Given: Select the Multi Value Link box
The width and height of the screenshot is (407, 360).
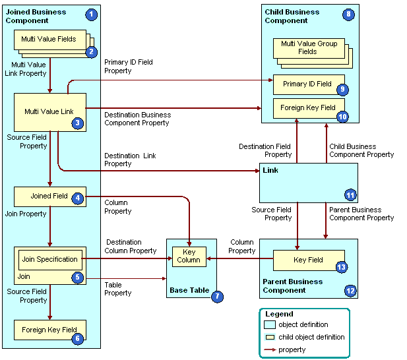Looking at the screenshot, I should tap(50, 112).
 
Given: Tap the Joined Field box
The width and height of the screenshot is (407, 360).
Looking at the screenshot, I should tap(50, 196).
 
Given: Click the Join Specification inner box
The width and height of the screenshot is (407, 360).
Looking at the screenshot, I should tap(50, 259).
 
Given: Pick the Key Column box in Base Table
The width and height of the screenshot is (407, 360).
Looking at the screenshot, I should tap(189, 256).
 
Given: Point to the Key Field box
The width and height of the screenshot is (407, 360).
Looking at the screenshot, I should tap(309, 260).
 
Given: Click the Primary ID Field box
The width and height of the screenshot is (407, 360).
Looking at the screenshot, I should tap(308, 84).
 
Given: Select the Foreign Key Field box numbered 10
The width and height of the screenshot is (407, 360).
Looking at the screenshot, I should tap(308, 107).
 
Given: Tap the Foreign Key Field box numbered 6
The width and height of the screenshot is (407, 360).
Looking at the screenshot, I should tap(49, 330).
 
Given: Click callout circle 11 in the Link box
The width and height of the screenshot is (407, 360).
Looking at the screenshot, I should tap(350, 195).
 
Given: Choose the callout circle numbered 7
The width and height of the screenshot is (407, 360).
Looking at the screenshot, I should tap(217, 297).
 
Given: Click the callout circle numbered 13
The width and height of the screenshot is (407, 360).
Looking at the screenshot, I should tap(341, 266).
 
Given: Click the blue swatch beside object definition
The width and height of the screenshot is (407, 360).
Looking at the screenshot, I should tap(270, 324).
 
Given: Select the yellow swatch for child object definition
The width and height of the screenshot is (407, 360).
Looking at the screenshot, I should tap(270, 337).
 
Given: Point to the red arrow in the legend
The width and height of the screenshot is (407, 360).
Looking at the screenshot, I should tap(270, 349).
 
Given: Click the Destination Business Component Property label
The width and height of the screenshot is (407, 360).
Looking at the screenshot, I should tap(137, 119).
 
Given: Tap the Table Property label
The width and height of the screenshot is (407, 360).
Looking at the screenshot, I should tap(117, 289).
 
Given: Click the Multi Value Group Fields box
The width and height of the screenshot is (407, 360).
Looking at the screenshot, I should tap(309, 47).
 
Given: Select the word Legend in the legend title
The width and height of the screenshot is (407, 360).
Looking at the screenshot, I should tap(279, 314).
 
